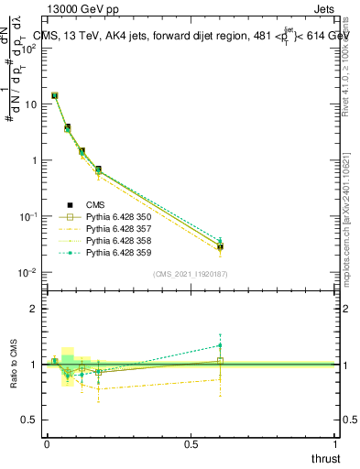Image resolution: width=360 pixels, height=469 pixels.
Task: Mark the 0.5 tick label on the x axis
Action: coord(191,443)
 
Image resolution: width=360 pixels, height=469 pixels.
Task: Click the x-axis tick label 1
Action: coord(336,443)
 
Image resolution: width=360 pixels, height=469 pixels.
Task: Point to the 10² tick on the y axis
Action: coord(29,48)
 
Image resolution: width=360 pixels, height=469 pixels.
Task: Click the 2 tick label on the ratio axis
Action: coord(35,309)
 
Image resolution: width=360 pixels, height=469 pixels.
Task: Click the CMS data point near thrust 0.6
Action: coord(221,247)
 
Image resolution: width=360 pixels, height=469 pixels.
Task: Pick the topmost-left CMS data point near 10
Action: coord(55,95)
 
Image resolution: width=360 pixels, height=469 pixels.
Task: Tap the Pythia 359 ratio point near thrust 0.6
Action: coord(221,345)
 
